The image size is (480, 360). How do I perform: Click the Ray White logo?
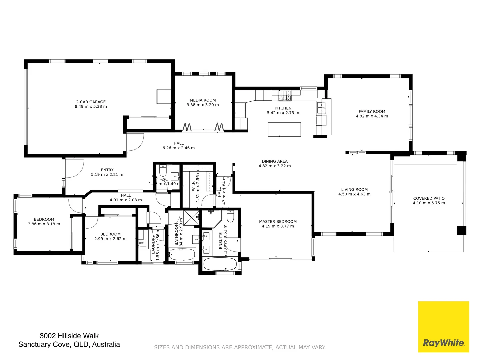(x=443, y=327)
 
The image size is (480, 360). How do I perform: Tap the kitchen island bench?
(x=284, y=129)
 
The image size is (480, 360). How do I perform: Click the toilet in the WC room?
(x=163, y=171)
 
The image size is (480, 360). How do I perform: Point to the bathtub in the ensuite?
(x=220, y=264)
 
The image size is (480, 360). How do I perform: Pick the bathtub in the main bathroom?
(x=182, y=255)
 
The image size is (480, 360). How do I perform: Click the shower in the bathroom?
(x=192, y=218)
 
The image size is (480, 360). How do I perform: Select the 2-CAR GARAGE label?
(x=91, y=102)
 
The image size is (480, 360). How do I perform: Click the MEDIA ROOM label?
(x=203, y=100)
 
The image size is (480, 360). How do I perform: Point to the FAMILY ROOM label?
(x=372, y=111)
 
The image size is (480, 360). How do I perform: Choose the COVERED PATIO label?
(x=429, y=198)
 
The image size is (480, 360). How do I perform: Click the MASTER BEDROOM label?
(x=278, y=221)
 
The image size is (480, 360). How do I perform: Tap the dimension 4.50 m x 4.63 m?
(x=354, y=194)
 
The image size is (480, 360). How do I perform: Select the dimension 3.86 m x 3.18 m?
(x=44, y=224)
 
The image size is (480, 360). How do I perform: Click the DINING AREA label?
(x=275, y=161)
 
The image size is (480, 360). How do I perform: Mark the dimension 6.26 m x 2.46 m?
(x=179, y=148)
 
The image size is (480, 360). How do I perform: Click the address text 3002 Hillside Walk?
(x=69, y=336)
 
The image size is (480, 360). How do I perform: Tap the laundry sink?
(x=142, y=243)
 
